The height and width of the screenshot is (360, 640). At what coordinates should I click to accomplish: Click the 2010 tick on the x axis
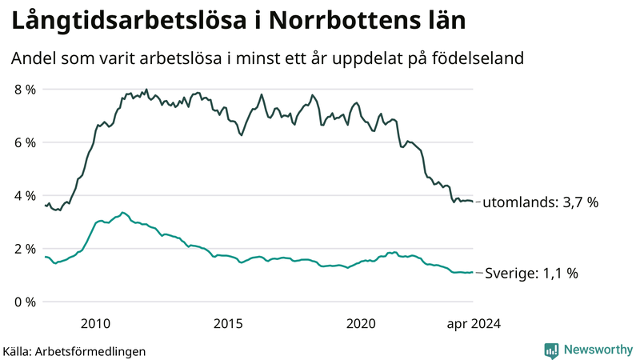[x=95, y=323]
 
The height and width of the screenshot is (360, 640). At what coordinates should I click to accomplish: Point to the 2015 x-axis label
[x=228, y=323]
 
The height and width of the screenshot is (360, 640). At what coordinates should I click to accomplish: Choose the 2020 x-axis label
[x=361, y=323]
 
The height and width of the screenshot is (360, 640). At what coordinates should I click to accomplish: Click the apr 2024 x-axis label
[x=473, y=323]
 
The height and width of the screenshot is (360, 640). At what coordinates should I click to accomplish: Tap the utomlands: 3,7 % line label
[x=541, y=203]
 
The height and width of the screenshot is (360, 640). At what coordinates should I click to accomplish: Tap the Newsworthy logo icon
[x=551, y=350]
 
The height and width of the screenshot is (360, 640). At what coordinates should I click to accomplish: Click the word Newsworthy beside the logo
[x=597, y=350]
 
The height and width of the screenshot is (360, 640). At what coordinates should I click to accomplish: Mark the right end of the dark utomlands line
[x=473, y=201]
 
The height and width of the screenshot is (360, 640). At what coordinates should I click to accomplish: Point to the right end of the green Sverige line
[x=473, y=272]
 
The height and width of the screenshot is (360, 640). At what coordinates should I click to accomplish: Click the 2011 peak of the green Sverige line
[x=122, y=213]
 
